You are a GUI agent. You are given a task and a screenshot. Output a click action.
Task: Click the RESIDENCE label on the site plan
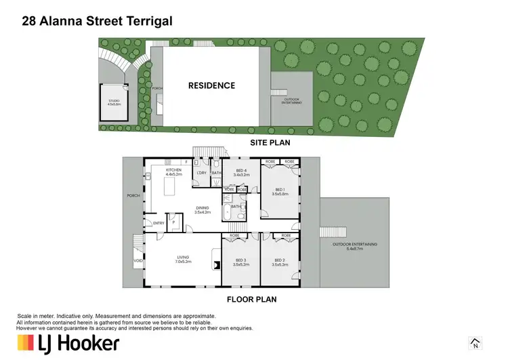(x=211, y=85)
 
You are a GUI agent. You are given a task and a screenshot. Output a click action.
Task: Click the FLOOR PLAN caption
(x=253, y=298)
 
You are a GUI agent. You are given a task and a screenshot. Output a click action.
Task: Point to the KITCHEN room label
(x=165, y=170)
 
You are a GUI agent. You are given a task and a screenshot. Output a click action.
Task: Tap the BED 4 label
(x=241, y=170)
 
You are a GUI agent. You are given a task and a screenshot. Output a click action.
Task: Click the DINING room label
(x=203, y=208)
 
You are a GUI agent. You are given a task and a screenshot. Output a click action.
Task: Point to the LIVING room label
(x=182, y=257)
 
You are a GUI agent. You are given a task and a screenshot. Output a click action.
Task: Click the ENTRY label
(x=158, y=222)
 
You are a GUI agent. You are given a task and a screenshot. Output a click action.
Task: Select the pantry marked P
(x=174, y=221)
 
